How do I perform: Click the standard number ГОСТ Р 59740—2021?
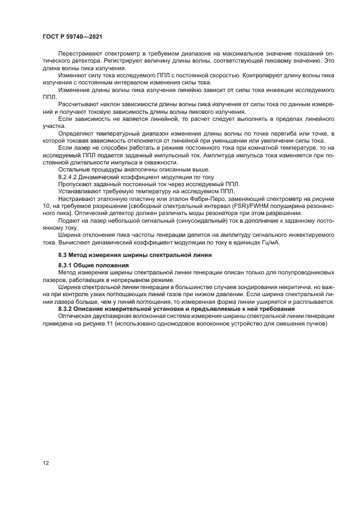point(73,36)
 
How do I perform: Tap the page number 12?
point(46,463)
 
